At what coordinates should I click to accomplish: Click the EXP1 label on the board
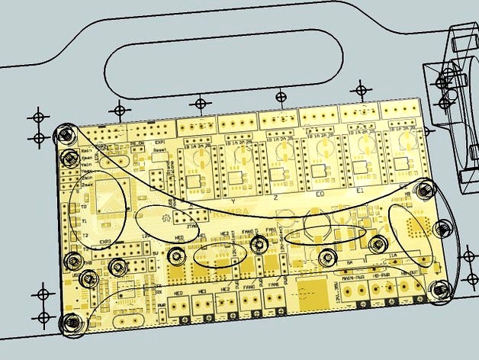click(160, 143)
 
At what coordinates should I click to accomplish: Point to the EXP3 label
click(105, 243)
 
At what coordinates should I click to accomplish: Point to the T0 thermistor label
click(84, 206)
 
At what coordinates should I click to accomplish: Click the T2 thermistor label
click(85, 233)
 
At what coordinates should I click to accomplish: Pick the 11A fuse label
click(393, 257)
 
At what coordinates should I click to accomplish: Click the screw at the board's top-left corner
click(65, 134)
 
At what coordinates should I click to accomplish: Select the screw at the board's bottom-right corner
click(440, 288)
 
